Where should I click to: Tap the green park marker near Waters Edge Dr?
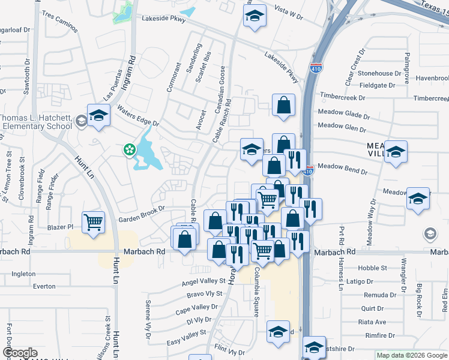[129, 149]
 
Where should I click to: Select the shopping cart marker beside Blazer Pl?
[93, 223]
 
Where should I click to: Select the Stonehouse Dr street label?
[379, 73]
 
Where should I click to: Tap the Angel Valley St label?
[206, 283]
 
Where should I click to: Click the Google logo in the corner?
[20, 352]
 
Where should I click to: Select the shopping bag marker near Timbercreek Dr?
[283, 105]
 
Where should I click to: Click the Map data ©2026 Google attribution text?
[411, 355]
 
